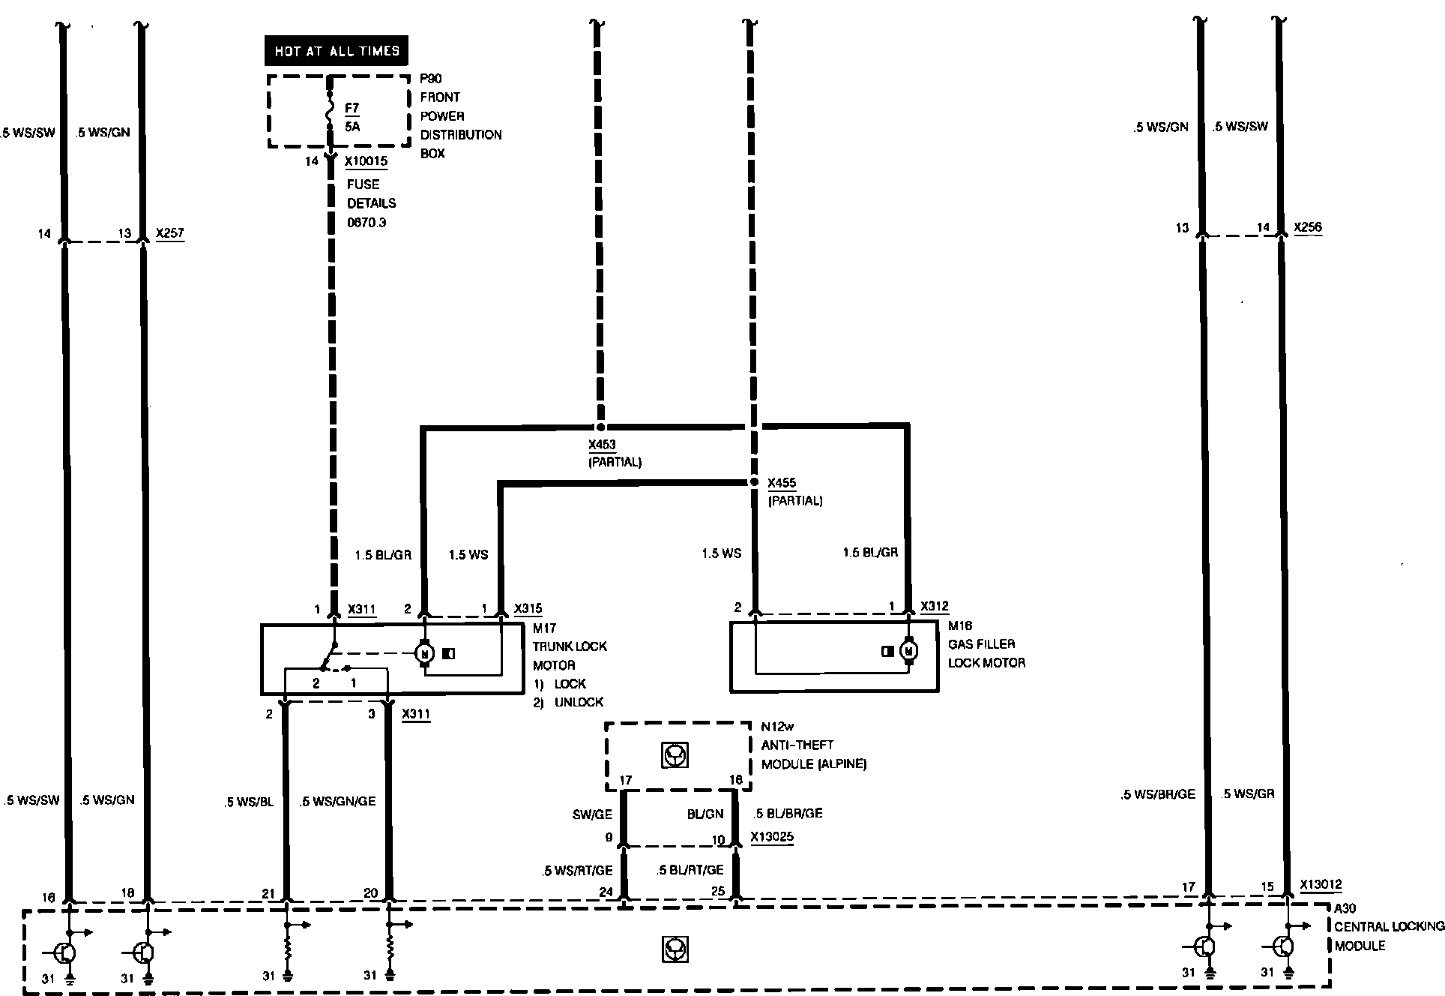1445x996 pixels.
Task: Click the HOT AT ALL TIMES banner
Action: click(x=337, y=51)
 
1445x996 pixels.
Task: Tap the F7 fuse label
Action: click(x=352, y=108)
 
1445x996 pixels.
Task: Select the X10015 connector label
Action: click(x=366, y=161)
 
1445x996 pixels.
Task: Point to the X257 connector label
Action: click(x=169, y=233)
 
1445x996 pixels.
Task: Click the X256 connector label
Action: click(x=1308, y=227)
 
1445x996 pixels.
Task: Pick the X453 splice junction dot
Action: click(x=600, y=427)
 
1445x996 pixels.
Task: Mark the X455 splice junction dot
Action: click(x=754, y=482)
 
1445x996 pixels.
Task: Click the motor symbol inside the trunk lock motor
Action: click(x=425, y=653)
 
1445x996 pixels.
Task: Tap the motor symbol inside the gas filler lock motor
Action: click(x=909, y=651)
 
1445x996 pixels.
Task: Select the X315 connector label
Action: click(x=528, y=609)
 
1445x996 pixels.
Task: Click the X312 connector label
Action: click(x=934, y=606)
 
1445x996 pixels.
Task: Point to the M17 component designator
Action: click(x=544, y=628)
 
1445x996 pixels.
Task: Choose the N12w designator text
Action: click(x=777, y=726)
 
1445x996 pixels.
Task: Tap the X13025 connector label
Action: click(x=772, y=837)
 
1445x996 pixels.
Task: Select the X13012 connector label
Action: click(x=1321, y=885)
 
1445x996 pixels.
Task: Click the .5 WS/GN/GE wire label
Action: click(x=337, y=801)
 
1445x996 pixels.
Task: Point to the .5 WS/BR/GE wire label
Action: click(x=1158, y=794)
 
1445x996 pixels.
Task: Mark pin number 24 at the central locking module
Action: click(x=606, y=892)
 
